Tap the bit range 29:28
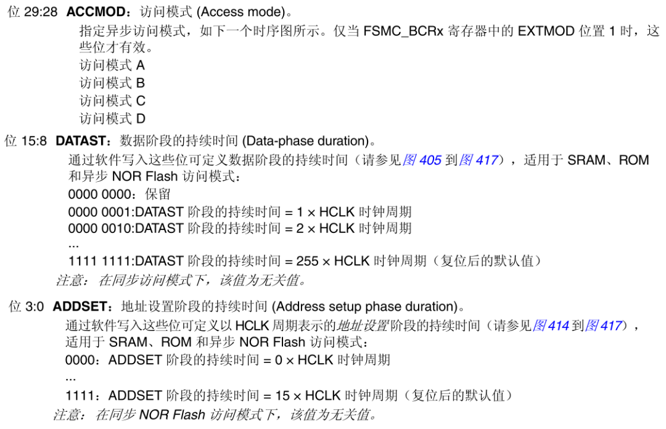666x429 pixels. (41, 12)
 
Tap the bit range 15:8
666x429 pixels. (34, 141)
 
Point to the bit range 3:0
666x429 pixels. (35, 306)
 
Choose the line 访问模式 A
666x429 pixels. (112, 65)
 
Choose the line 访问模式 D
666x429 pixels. (112, 118)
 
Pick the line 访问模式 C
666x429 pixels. (112, 100)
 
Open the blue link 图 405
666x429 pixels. (422, 160)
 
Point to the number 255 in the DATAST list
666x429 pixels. (307, 261)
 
